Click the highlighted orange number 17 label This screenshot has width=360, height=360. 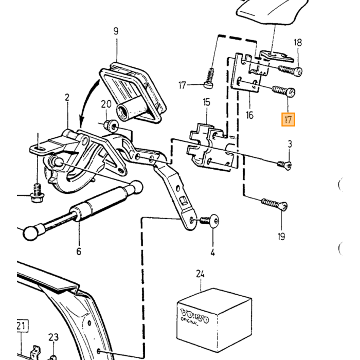[288, 120]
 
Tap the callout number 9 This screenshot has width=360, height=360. [116, 31]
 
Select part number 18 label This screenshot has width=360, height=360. [298, 43]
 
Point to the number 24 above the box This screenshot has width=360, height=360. [200, 274]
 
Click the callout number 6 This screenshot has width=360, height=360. [79, 251]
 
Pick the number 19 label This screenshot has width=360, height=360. [281, 236]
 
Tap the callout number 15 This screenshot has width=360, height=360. [206, 102]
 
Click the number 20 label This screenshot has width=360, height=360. [106, 104]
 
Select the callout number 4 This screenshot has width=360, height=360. [212, 253]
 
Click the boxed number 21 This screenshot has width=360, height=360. [22, 326]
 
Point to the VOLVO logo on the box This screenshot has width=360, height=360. [195, 315]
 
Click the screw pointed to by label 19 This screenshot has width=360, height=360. [274, 204]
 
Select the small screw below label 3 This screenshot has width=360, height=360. [285, 165]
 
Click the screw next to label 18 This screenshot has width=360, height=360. [290, 70]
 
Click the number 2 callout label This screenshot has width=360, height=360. [67, 97]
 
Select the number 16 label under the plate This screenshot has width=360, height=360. [249, 115]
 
